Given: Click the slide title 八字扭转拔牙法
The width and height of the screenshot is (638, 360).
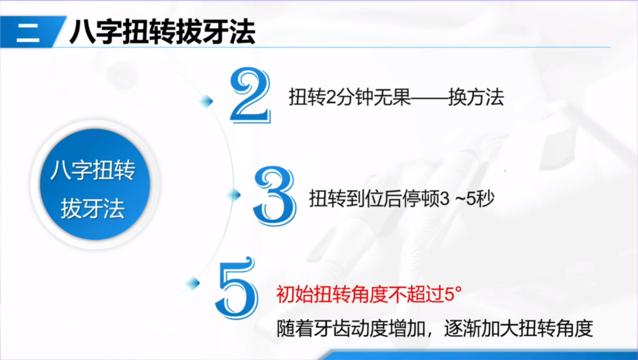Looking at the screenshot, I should [162, 33].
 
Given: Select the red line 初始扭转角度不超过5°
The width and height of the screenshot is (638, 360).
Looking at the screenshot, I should [368, 294].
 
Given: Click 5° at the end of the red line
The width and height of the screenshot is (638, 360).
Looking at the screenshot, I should [452, 294].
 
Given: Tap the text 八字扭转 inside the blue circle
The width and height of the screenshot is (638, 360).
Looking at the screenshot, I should [92, 172].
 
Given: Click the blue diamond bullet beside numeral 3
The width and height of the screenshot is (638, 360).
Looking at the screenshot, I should [235, 193].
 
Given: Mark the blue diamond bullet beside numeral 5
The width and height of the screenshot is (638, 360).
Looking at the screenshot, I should [192, 282].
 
